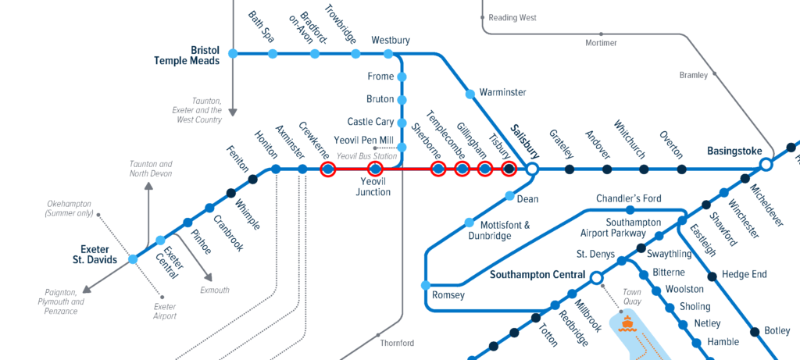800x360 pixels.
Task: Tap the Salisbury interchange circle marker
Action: [532, 169]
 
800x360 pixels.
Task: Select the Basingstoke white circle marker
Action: [766, 164]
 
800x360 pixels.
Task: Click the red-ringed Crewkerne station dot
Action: [327, 169]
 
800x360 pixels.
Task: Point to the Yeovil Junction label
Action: [373, 187]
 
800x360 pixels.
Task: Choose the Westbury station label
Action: [390, 40]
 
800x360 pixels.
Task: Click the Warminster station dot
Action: [470, 94]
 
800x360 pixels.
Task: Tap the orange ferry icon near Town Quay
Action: [627, 322]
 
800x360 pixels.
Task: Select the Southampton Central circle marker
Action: [596, 277]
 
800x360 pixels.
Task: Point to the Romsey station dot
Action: [426, 285]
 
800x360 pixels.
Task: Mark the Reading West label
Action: [513, 16]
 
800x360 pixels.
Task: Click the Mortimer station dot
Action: [601, 34]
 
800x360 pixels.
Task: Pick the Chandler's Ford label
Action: [629, 198]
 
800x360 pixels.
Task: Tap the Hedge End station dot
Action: [712, 275]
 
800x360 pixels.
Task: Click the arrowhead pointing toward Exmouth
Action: [209, 278]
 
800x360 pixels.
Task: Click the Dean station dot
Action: [510, 196]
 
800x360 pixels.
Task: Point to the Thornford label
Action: [396, 343]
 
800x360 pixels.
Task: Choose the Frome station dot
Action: [402, 77]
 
